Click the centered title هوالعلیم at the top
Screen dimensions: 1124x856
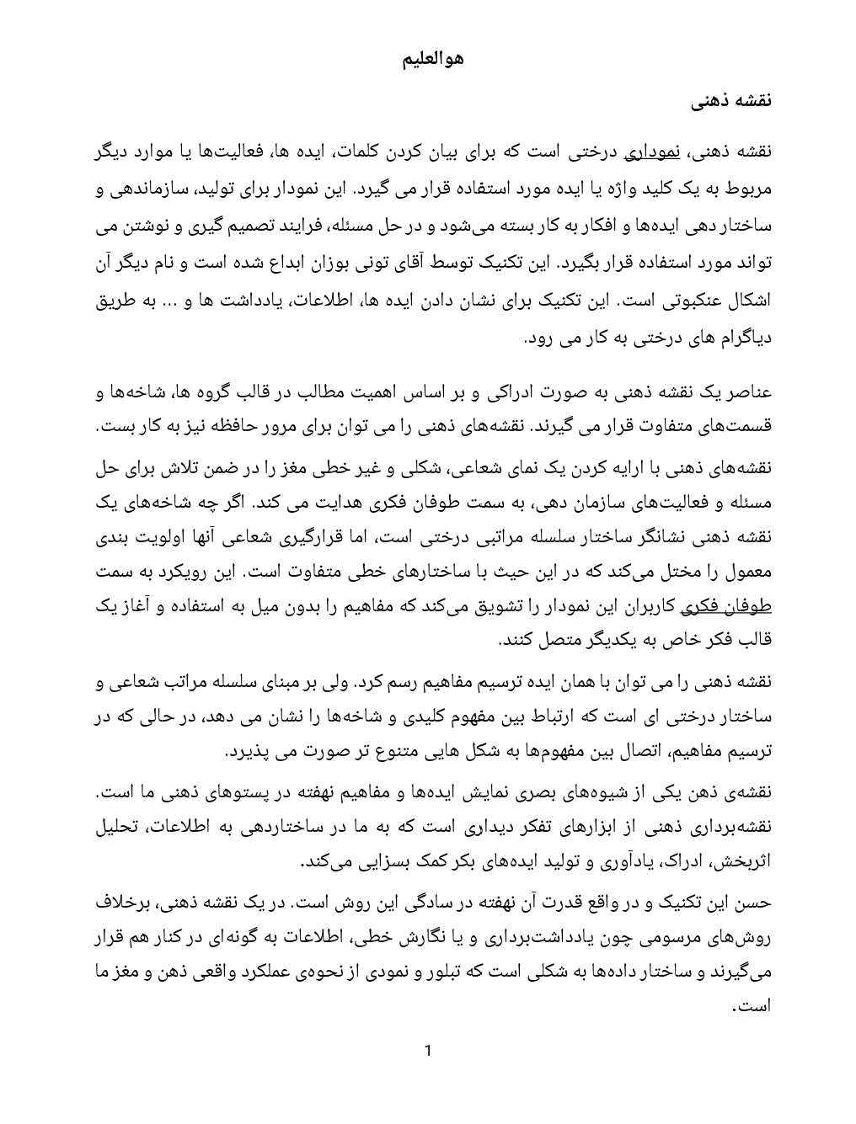click(x=430, y=61)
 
